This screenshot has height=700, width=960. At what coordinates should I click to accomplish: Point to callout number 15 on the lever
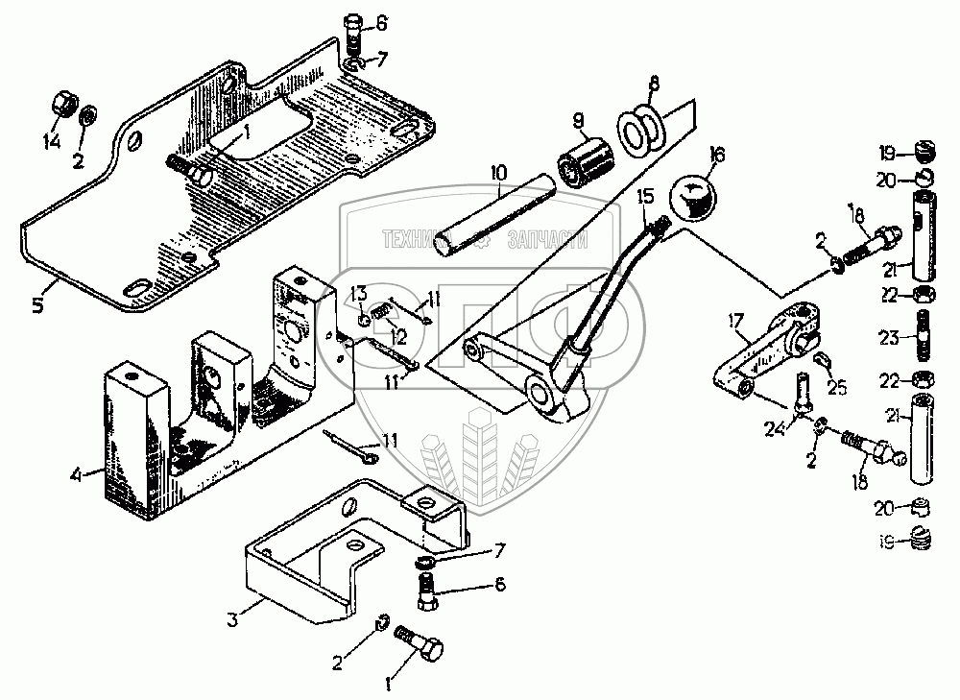[x=644, y=196]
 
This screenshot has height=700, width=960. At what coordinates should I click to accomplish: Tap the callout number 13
[x=357, y=292]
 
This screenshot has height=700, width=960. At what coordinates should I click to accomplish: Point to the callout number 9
[x=578, y=121]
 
